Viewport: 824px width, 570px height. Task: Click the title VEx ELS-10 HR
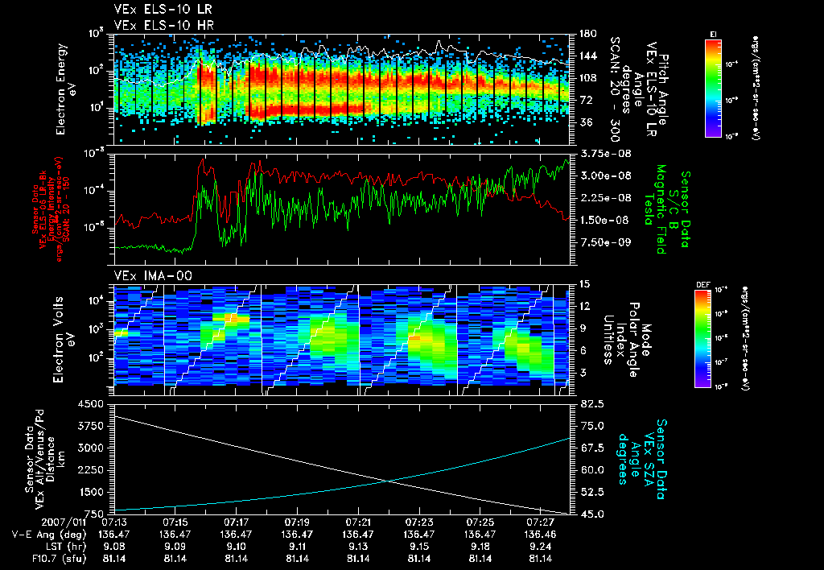click(x=157, y=26)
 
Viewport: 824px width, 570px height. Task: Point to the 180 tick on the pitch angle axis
click(x=587, y=34)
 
